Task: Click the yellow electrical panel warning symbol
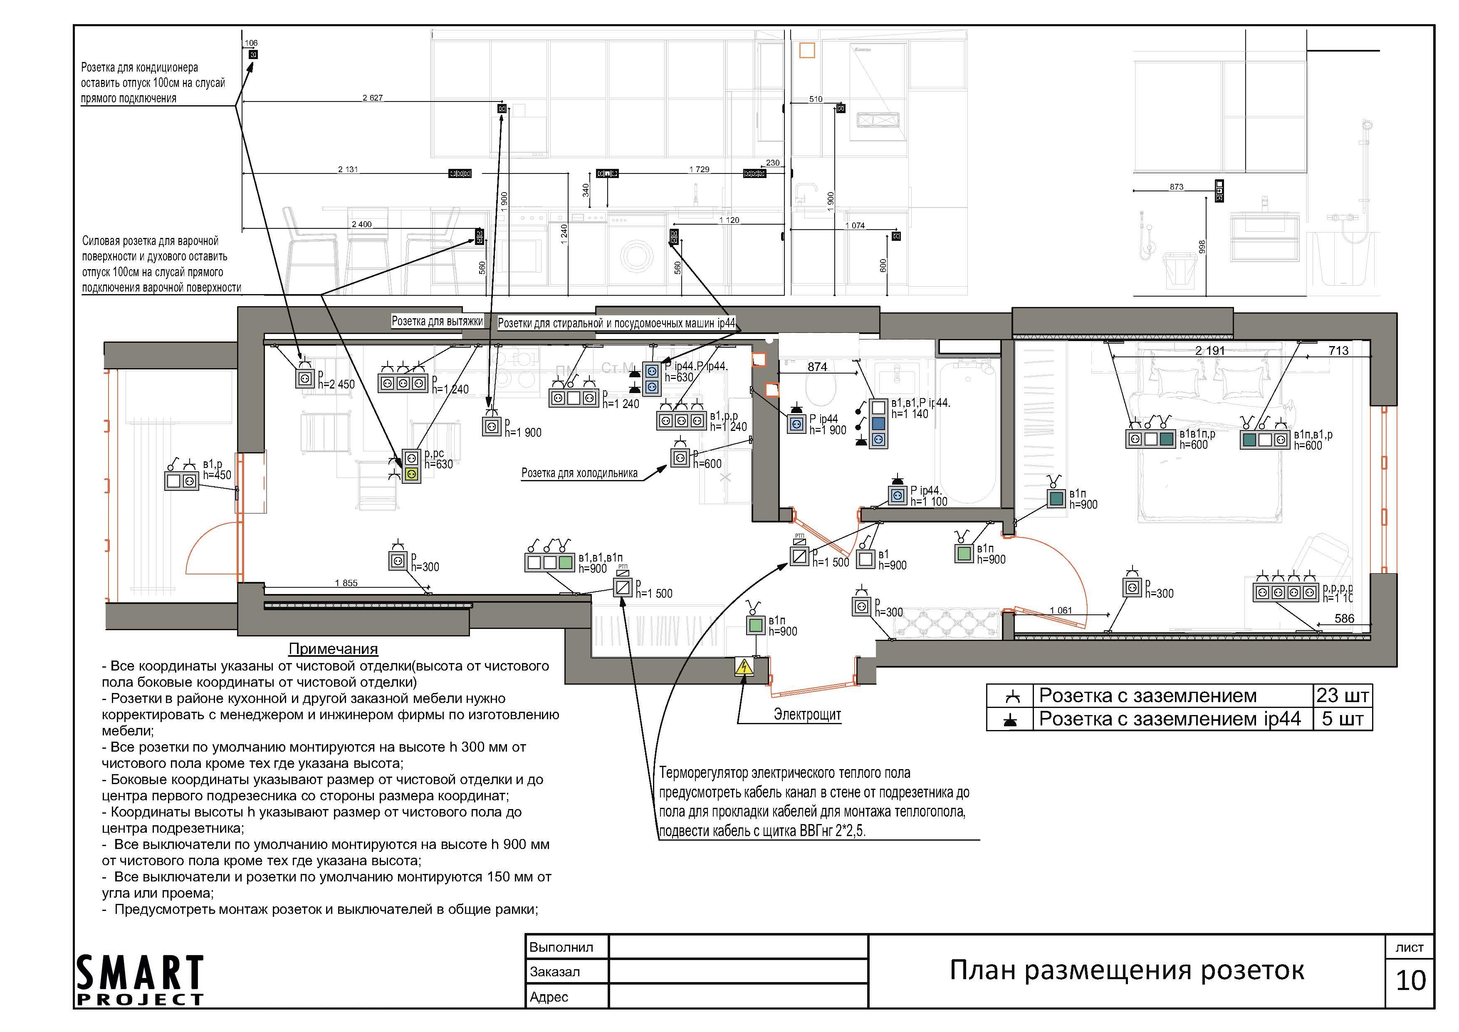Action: click(744, 667)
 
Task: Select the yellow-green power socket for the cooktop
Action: click(411, 474)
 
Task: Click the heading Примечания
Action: click(333, 649)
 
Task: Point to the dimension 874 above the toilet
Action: click(817, 366)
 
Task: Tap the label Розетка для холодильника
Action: click(579, 473)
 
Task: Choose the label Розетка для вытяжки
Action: click(437, 322)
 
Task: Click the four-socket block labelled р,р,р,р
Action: click(1286, 592)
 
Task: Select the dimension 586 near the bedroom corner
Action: click(1344, 618)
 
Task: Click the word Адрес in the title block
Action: click(549, 997)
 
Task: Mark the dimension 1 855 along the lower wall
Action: click(346, 583)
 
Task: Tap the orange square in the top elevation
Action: click(806, 50)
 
